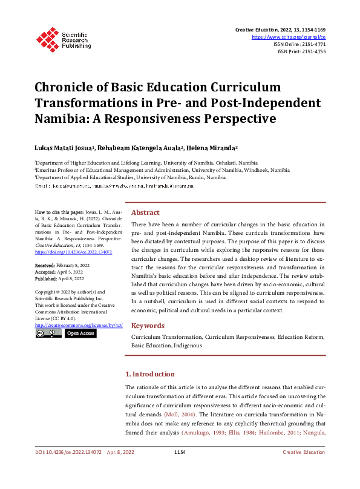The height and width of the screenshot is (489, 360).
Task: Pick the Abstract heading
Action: click(145, 212)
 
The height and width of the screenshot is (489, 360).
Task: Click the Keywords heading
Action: click(148, 325)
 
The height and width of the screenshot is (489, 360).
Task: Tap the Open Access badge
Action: click(80, 333)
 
